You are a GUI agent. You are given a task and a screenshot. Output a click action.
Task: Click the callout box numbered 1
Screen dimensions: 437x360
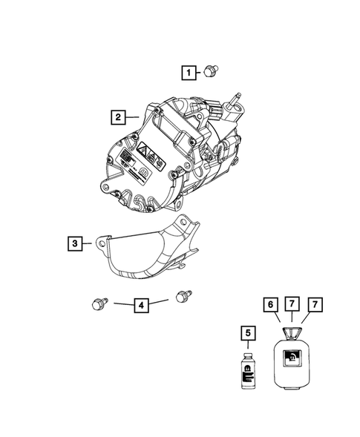[191, 72]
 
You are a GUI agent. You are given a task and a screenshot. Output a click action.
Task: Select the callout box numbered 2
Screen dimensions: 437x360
[117, 116]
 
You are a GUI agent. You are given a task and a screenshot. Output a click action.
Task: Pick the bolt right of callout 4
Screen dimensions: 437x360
[180, 297]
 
